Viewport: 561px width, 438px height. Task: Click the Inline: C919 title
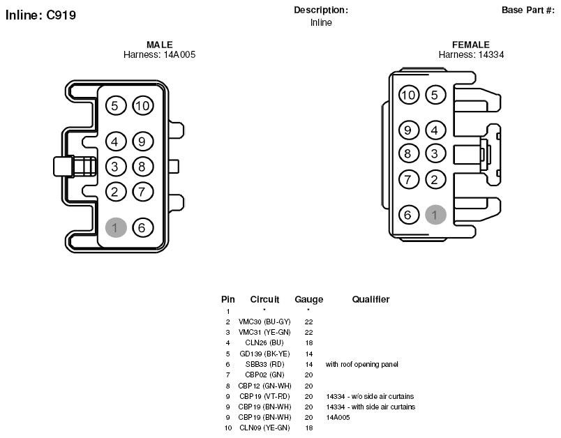(x=40, y=15)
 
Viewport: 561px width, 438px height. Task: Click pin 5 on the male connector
(x=116, y=105)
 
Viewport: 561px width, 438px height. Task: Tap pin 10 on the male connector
(x=143, y=105)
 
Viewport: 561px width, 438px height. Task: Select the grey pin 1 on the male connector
(x=116, y=227)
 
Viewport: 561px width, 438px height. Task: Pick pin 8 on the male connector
(x=143, y=167)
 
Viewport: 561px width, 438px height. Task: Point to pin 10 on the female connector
(x=409, y=95)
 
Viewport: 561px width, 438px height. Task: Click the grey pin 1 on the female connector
(x=435, y=215)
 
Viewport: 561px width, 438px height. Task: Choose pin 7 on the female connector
(x=409, y=179)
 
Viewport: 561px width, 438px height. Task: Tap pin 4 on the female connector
(x=435, y=130)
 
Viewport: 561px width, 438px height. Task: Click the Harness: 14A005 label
(x=160, y=54)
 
